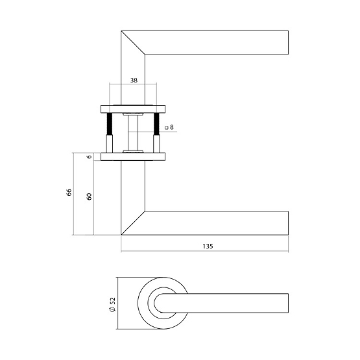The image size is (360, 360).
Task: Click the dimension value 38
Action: [133, 82]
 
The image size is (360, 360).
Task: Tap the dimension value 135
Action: [208, 246]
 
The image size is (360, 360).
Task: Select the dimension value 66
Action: [69, 193]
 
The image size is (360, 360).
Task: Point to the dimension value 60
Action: [89, 197]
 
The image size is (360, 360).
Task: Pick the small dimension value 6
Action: [89, 156]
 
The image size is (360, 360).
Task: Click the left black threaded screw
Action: [110, 124]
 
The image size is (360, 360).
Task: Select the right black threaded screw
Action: [156, 124]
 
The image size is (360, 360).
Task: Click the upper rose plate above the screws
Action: [133, 107]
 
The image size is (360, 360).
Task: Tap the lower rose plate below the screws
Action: [133, 156]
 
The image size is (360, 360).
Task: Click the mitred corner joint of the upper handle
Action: [133, 42]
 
